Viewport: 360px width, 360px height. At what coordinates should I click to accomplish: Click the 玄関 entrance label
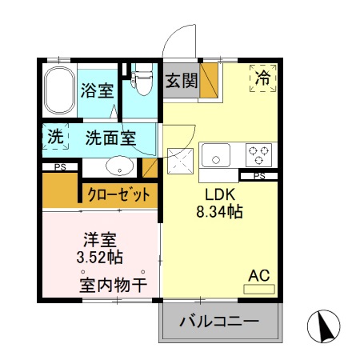pyautogui.click(x=181, y=80)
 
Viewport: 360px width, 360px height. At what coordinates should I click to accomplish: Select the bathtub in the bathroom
pyautogui.click(x=58, y=90)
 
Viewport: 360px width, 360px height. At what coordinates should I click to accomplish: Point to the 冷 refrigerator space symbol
pyautogui.click(x=262, y=78)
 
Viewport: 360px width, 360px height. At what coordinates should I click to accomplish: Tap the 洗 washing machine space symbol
pyautogui.click(x=54, y=137)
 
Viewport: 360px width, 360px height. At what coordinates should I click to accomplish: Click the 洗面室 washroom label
pyautogui.click(x=110, y=138)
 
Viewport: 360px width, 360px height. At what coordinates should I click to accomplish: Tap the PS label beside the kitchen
pyautogui.click(x=258, y=176)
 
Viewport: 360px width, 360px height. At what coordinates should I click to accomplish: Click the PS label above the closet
pyautogui.click(x=60, y=166)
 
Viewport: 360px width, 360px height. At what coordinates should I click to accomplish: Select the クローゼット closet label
pyautogui.click(x=119, y=194)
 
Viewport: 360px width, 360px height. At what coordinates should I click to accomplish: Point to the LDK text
pyautogui.click(x=219, y=195)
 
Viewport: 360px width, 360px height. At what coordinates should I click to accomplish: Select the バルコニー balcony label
pyautogui.click(x=219, y=323)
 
